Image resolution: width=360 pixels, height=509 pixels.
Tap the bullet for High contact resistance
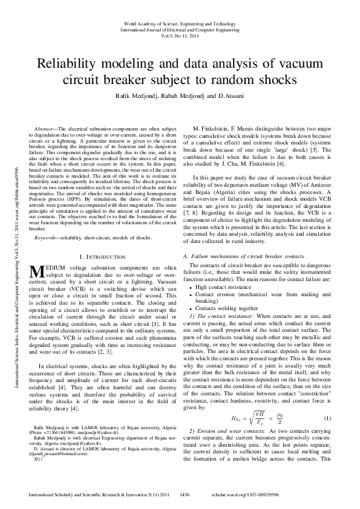tap(192, 303)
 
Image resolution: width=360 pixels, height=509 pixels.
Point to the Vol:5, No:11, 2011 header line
tap(180, 36)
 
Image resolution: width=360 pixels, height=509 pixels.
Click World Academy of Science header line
tap(180, 21)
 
